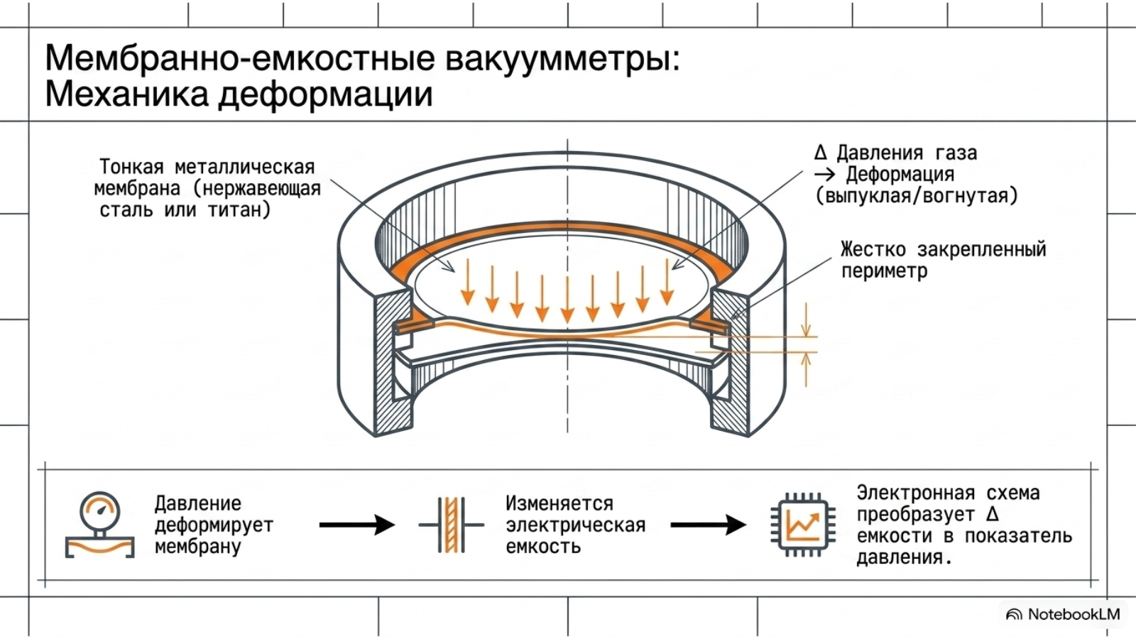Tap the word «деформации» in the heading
325,96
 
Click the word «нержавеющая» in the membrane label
257,189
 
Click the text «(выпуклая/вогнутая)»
917,196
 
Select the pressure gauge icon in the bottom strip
100,525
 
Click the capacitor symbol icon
451,525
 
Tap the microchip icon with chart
803,525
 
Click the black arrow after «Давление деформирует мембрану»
356,525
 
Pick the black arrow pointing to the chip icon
708,525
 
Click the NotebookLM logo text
1074,615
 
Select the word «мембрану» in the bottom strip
197,547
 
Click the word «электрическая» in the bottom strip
576,525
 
